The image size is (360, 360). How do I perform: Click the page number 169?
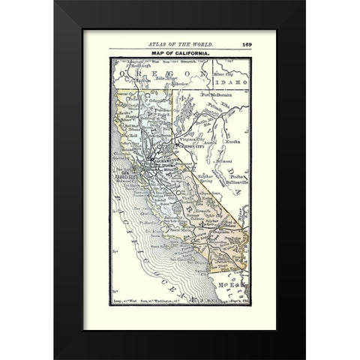tap(246, 43)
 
